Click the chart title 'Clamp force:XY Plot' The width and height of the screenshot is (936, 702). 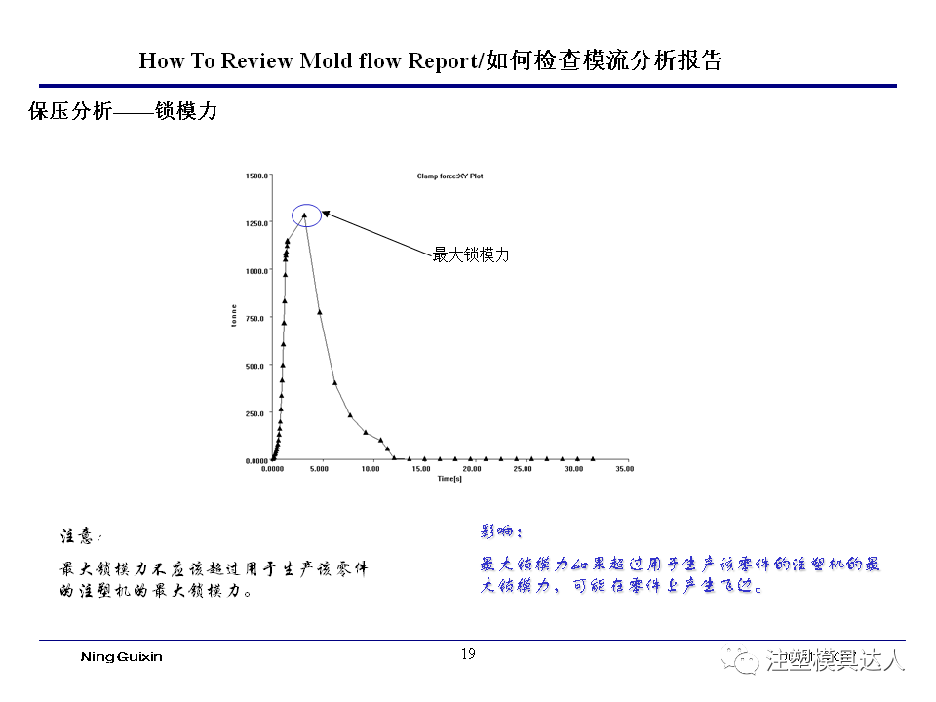coord(449,176)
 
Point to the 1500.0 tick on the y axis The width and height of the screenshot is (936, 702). coord(255,176)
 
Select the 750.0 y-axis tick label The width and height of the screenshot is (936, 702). coord(256,319)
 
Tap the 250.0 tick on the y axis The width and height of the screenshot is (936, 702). coord(256,413)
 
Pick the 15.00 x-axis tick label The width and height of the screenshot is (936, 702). coord(420,469)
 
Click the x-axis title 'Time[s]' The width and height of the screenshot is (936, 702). coord(448,478)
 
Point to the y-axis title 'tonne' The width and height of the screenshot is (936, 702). coord(234,316)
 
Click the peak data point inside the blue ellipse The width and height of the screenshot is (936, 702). coord(304,214)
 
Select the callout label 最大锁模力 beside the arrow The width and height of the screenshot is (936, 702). coord(471,255)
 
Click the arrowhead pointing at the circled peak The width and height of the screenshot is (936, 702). coord(326,212)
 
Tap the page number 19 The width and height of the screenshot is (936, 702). coord(468,654)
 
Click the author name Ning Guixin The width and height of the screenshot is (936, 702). coord(121,656)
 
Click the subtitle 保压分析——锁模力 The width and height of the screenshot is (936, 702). coord(123,112)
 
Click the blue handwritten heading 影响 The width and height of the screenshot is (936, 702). coord(501,531)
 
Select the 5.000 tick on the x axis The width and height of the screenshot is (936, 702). coord(319,469)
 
